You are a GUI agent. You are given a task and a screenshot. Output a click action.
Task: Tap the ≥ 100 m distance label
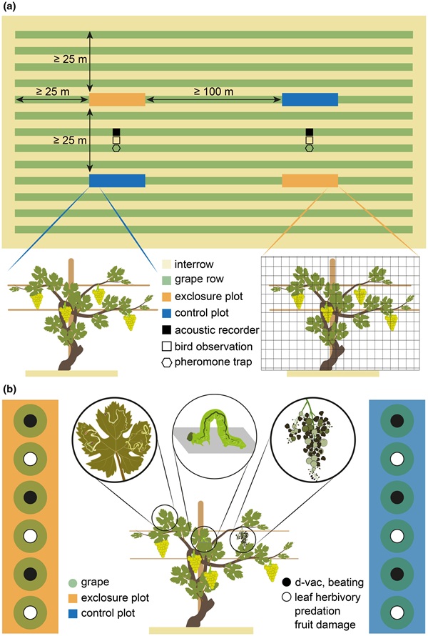pyautogui.click(x=213, y=91)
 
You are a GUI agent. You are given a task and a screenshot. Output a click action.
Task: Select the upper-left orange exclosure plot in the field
pyautogui.click(x=117, y=99)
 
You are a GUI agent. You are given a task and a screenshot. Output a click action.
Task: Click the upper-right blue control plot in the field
pyautogui.click(x=310, y=99)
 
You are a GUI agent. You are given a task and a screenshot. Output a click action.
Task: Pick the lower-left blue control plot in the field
pyautogui.click(x=117, y=180)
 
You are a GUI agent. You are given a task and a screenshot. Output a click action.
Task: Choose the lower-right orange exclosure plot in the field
pyautogui.click(x=310, y=180)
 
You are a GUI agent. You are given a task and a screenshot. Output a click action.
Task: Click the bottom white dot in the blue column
pyautogui.click(x=398, y=612)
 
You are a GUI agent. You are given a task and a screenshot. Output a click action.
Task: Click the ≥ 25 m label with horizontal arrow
pyautogui.click(x=44, y=91)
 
